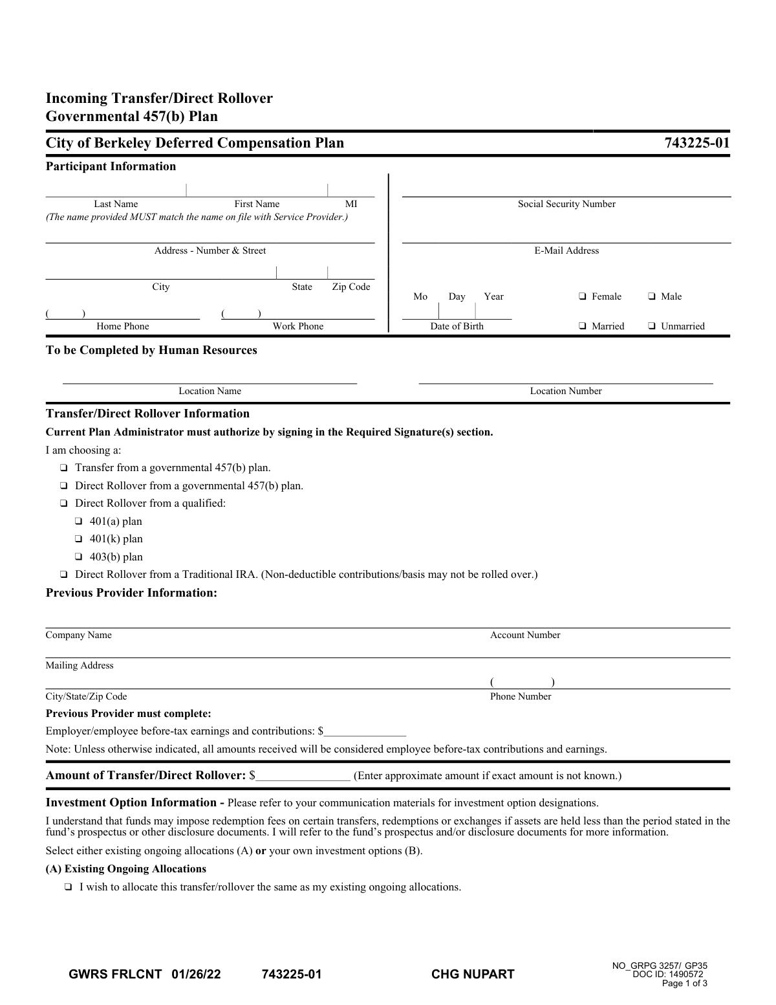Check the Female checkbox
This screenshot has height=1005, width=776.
tap(582, 296)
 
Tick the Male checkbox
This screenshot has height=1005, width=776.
tap(651, 296)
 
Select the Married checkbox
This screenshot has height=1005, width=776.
tap(582, 326)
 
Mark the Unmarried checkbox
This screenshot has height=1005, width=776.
tap(651, 326)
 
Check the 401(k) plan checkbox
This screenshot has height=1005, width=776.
tap(78, 539)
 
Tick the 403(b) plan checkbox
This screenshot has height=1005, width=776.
tap(78, 557)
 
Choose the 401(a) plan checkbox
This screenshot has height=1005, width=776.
tap(78, 522)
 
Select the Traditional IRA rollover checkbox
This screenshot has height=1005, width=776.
tap(63, 575)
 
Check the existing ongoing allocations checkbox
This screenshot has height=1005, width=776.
tap(68, 887)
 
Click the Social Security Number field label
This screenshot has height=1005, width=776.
tap(566, 204)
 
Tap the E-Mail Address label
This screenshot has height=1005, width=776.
tap(566, 251)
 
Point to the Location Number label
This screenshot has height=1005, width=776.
tap(566, 391)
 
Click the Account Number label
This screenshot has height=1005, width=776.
tap(525, 635)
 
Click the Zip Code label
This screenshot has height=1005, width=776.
tap(351, 287)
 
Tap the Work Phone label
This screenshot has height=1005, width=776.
tap(298, 326)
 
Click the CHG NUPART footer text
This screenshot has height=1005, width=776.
tap(473, 975)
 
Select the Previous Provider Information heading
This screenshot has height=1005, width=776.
tap(131, 593)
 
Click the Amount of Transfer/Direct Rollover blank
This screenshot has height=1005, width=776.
tap(303, 777)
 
